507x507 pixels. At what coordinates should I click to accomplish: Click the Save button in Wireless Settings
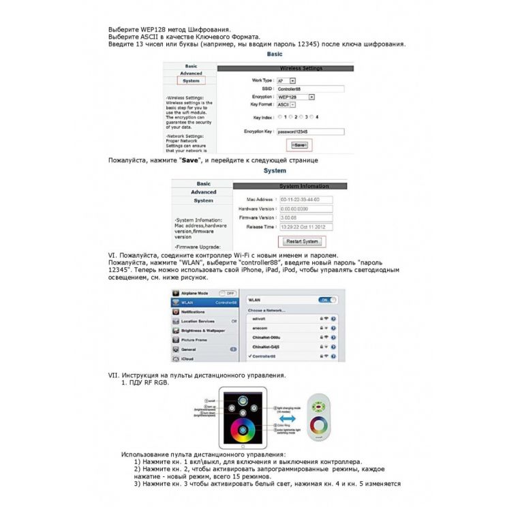(x=300, y=145)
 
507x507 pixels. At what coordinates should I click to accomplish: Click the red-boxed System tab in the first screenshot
(x=191, y=80)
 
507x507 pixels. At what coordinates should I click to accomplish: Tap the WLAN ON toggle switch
(x=328, y=299)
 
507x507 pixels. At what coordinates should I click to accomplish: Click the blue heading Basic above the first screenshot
(x=275, y=54)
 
